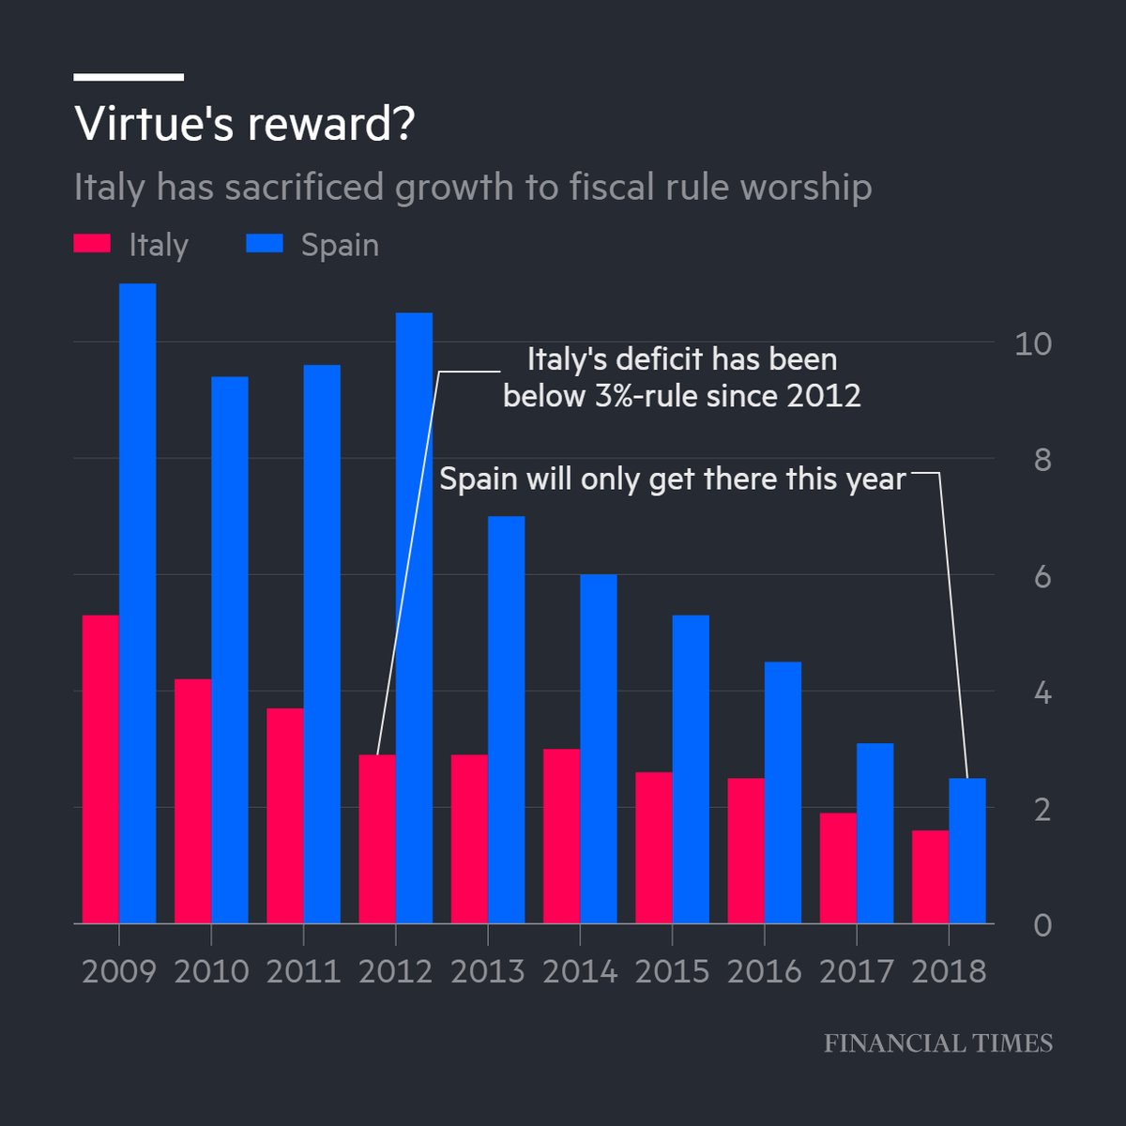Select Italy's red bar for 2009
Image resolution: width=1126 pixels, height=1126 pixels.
(x=100, y=769)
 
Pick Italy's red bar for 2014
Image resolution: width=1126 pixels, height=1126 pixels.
(x=561, y=836)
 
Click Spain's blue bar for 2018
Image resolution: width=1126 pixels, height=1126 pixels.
(x=967, y=850)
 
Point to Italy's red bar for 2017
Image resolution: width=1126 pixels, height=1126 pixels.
(x=838, y=868)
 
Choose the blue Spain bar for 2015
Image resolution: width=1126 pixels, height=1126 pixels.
(x=691, y=769)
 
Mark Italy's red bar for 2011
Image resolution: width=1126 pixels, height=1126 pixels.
(x=285, y=815)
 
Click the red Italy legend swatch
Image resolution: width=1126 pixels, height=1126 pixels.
(x=92, y=245)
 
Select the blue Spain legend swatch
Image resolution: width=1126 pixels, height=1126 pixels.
(x=265, y=245)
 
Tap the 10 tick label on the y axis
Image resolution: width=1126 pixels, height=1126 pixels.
(x=1033, y=343)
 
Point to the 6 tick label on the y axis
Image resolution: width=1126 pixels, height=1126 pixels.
(x=1042, y=576)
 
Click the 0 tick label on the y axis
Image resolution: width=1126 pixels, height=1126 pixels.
(x=1042, y=925)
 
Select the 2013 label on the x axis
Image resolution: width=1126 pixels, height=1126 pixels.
(x=487, y=971)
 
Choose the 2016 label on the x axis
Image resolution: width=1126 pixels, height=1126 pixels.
(x=764, y=971)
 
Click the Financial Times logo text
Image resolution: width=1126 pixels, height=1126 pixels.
(x=938, y=1043)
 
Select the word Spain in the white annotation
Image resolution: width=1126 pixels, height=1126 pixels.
(x=479, y=479)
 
